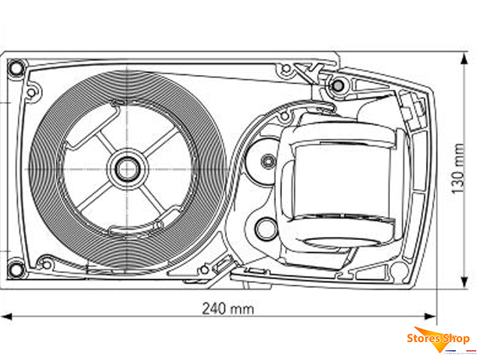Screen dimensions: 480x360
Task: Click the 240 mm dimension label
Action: pyautogui.click(x=228, y=308)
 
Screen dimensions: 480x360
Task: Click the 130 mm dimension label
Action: pyautogui.click(x=458, y=168)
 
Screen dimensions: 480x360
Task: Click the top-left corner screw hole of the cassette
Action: pyautogui.click(x=15, y=67)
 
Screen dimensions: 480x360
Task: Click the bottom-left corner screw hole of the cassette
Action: pyautogui.click(x=15, y=270)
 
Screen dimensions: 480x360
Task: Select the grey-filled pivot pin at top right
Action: pyautogui.click(x=337, y=85)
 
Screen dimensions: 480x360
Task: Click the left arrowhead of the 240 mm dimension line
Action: pyautogui.click(x=6, y=316)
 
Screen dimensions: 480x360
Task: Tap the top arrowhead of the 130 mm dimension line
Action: pyautogui.click(x=464, y=58)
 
